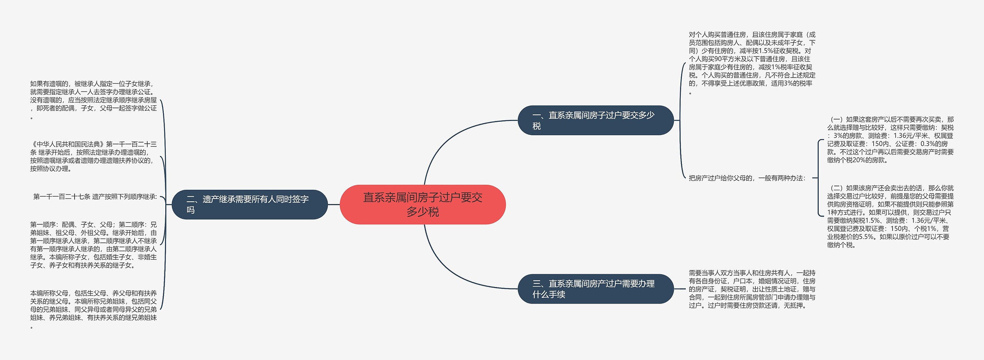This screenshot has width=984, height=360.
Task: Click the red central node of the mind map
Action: point(422,204)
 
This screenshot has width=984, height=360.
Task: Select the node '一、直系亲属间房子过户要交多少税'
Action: point(595,120)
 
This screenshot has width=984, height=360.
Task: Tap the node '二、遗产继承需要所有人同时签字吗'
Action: point(249,204)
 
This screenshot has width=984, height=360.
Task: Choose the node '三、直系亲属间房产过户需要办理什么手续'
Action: point(595,289)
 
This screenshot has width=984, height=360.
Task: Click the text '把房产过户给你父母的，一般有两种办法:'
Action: point(747,178)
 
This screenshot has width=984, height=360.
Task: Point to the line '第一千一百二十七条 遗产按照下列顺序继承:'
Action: point(95,197)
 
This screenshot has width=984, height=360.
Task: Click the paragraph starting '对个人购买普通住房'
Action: point(752,63)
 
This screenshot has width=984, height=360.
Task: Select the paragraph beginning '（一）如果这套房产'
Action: point(890,140)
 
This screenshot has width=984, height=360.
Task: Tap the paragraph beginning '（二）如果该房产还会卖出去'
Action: point(890,216)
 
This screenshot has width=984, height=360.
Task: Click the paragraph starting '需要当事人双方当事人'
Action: point(752,289)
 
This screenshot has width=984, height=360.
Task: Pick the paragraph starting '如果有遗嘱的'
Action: point(93,100)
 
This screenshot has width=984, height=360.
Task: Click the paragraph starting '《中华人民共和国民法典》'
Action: point(93,156)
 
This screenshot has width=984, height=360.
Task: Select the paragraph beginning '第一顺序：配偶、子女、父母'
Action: point(93,245)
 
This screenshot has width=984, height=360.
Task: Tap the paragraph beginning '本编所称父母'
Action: point(93,309)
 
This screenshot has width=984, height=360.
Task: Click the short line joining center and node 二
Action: point(334,204)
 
